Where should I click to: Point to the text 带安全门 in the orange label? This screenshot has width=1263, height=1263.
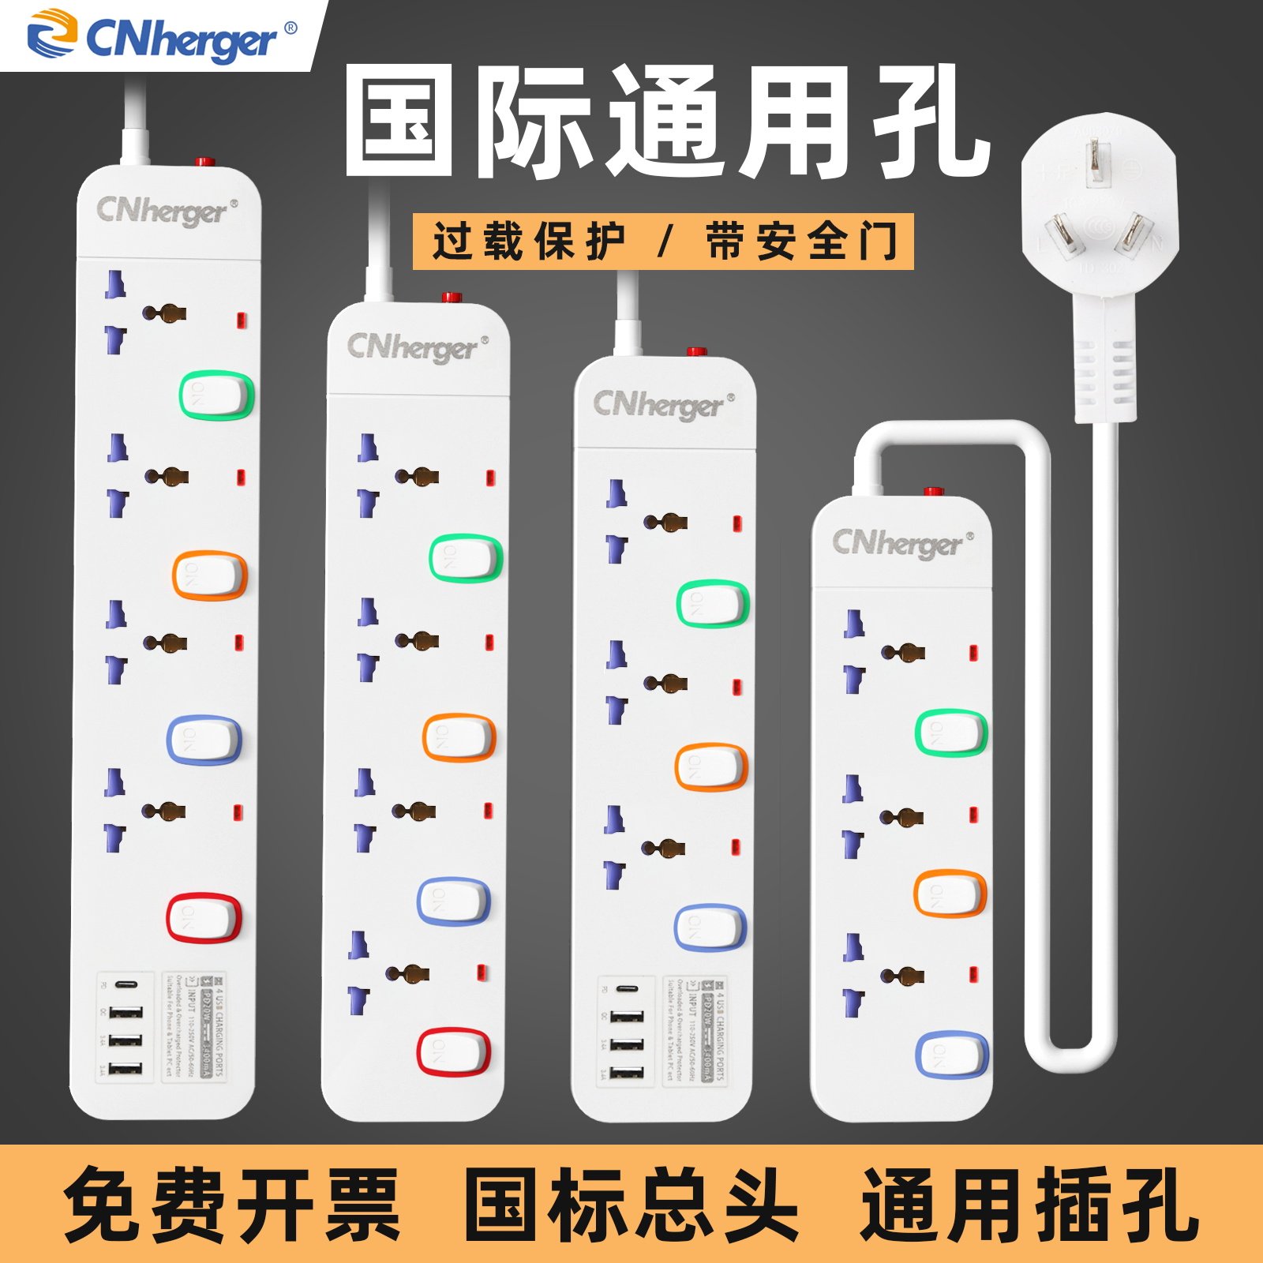tap(801, 241)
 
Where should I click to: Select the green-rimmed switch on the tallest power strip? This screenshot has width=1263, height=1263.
tap(215, 395)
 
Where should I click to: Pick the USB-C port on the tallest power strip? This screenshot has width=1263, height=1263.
tap(126, 985)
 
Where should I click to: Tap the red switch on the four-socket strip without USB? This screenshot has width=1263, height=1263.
tap(453, 1051)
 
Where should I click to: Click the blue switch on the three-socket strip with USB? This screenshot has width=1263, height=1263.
tap(710, 927)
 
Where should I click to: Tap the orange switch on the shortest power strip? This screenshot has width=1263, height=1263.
tap(950, 893)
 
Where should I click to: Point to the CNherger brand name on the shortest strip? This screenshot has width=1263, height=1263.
tap(898, 543)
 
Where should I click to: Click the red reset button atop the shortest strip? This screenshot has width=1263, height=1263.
tap(934, 492)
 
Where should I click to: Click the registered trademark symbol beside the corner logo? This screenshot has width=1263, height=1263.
tap(290, 28)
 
